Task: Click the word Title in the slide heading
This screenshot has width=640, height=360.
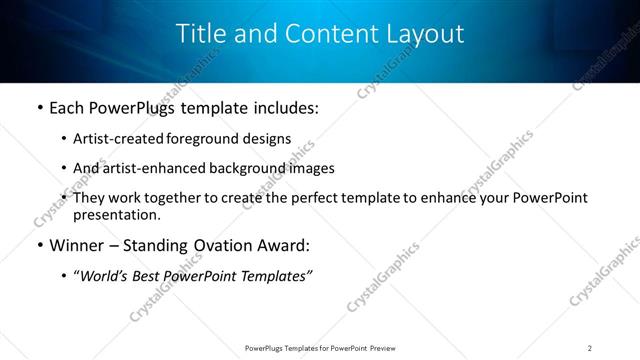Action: (x=200, y=33)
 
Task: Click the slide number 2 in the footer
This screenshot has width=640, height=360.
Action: (x=590, y=347)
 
